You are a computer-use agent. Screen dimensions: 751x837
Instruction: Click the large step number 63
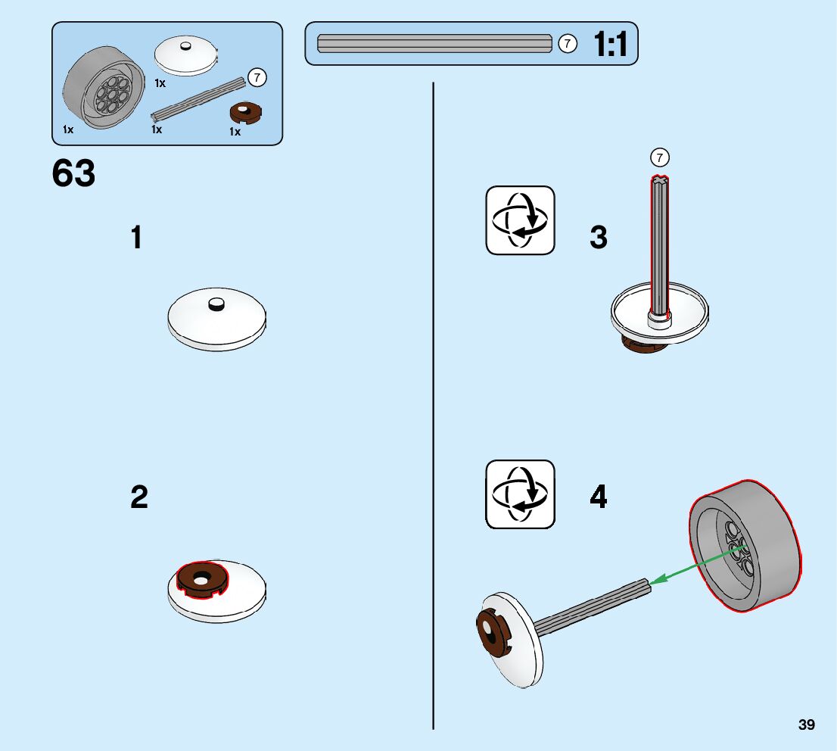coord(74,173)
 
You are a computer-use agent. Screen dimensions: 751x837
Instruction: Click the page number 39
coord(807,725)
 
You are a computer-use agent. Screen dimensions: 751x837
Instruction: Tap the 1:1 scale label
coord(611,45)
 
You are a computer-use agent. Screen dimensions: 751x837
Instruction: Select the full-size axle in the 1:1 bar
coord(434,44)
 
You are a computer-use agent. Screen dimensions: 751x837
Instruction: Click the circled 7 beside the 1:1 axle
coord(568,44)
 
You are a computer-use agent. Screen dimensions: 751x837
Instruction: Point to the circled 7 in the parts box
coord(257,77)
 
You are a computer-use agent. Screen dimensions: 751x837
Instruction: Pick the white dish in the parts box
coord(185,55)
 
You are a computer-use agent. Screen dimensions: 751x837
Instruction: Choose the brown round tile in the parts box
coord(244,113)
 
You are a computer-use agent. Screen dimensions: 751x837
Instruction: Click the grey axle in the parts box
coord(200,99)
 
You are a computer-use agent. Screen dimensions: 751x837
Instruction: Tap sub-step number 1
coord(136,238)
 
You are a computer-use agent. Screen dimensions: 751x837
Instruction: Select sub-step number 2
coord(139,497)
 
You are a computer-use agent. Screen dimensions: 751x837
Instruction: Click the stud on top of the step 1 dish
coord(216,304)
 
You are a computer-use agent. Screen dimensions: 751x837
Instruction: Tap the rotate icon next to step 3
coord(520,220)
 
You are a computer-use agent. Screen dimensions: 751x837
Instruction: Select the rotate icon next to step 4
coord(520,494)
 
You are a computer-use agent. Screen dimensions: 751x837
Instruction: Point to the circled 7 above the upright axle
coord(660,157)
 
